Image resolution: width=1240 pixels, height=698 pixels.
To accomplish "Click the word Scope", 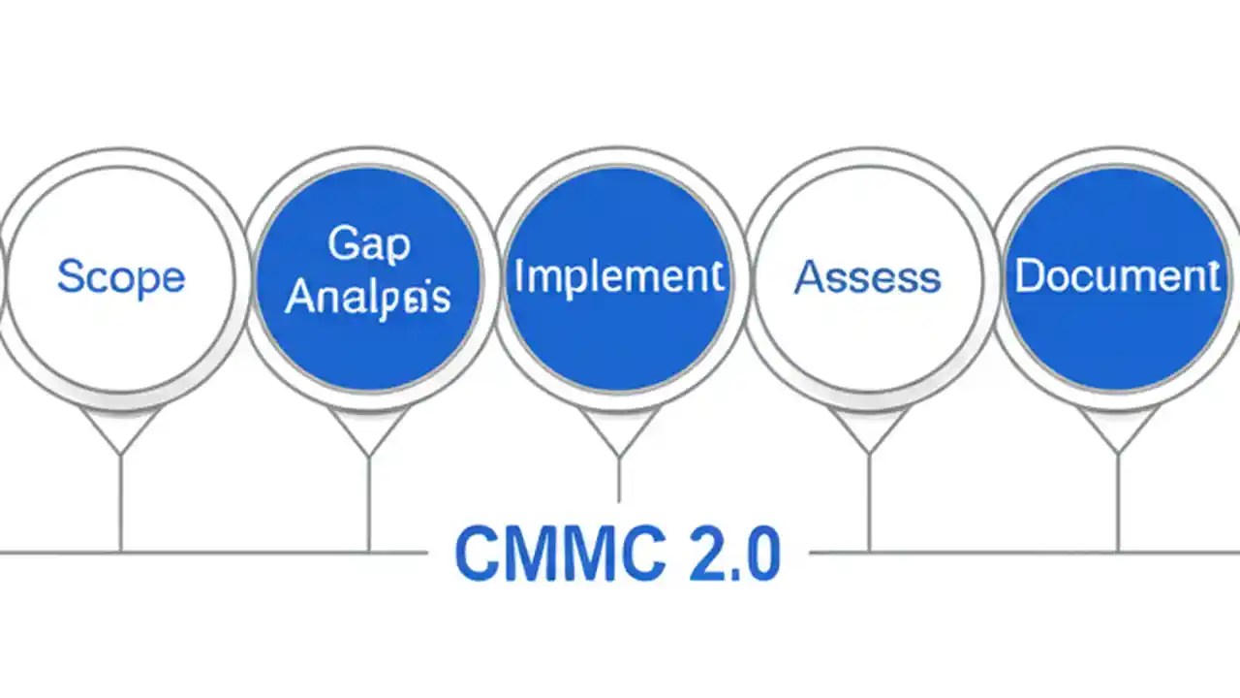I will pos(120,277).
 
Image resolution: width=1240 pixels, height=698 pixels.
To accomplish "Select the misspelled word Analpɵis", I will pos(369,298).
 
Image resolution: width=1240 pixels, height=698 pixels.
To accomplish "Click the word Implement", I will pos(619,277).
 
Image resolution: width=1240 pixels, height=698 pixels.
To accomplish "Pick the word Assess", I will pos(868,278).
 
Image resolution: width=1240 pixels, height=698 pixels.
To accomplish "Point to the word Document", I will pos(1117,277).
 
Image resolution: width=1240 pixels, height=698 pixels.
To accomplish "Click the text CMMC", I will pos(542,555).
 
